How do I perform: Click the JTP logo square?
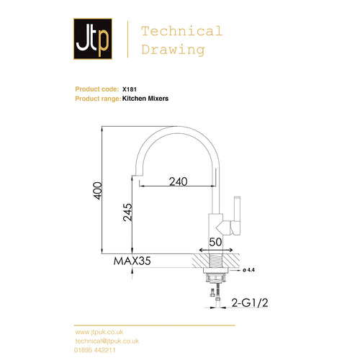point(92,40)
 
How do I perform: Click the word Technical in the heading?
point(181,31)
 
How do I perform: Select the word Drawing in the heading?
point(173,50)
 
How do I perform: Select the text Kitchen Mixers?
point(145,98)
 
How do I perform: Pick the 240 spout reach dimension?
point(181,182)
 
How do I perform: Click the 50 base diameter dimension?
point(215,242)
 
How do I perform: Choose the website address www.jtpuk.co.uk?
point(102,332)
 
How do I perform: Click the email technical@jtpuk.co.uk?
point(107,341)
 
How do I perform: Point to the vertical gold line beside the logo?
point(127,40)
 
